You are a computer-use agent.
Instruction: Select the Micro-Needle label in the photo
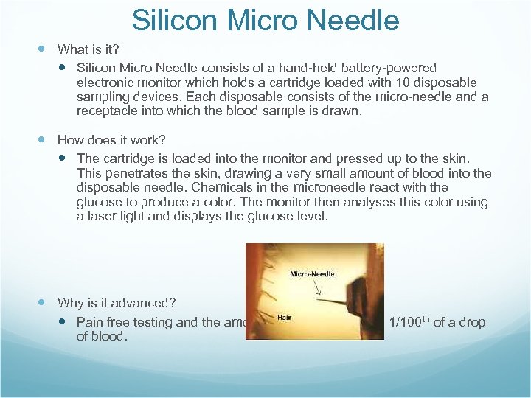click(x=312, y=274)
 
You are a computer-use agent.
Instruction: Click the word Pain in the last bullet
click(x=90, y=322)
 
